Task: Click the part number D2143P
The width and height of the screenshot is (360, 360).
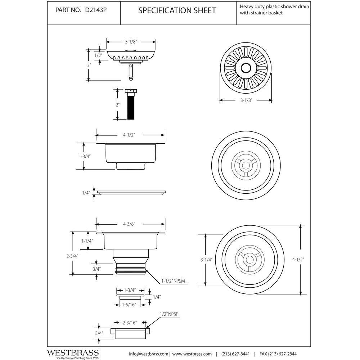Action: point(96,10)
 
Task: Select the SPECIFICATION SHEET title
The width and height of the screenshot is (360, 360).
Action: point(177,10)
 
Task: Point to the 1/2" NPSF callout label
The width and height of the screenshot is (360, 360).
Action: point(169,314)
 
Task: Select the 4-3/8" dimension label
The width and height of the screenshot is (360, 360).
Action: point(129,224)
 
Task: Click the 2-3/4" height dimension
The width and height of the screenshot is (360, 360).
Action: point(73,256)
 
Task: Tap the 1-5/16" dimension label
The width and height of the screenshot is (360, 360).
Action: point(129,305)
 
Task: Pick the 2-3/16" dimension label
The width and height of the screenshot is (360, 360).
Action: point(130,323)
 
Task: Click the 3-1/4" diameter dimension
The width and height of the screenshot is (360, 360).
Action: point(206,260)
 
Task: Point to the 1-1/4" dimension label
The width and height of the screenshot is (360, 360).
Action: point(87,241)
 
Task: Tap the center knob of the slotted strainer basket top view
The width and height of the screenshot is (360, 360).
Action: point(246,68)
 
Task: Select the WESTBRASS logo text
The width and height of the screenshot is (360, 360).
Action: point(73,353)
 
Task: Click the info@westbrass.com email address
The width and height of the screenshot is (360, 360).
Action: point(149,354)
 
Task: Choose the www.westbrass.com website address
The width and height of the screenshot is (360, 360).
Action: point(192,354)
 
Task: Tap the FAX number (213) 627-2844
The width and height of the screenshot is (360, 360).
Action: point(278,354)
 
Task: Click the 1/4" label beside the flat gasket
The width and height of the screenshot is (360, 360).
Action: point(86,193)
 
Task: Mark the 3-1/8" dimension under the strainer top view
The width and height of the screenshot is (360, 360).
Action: point(246,100)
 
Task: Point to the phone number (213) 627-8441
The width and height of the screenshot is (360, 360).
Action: point(235,354)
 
